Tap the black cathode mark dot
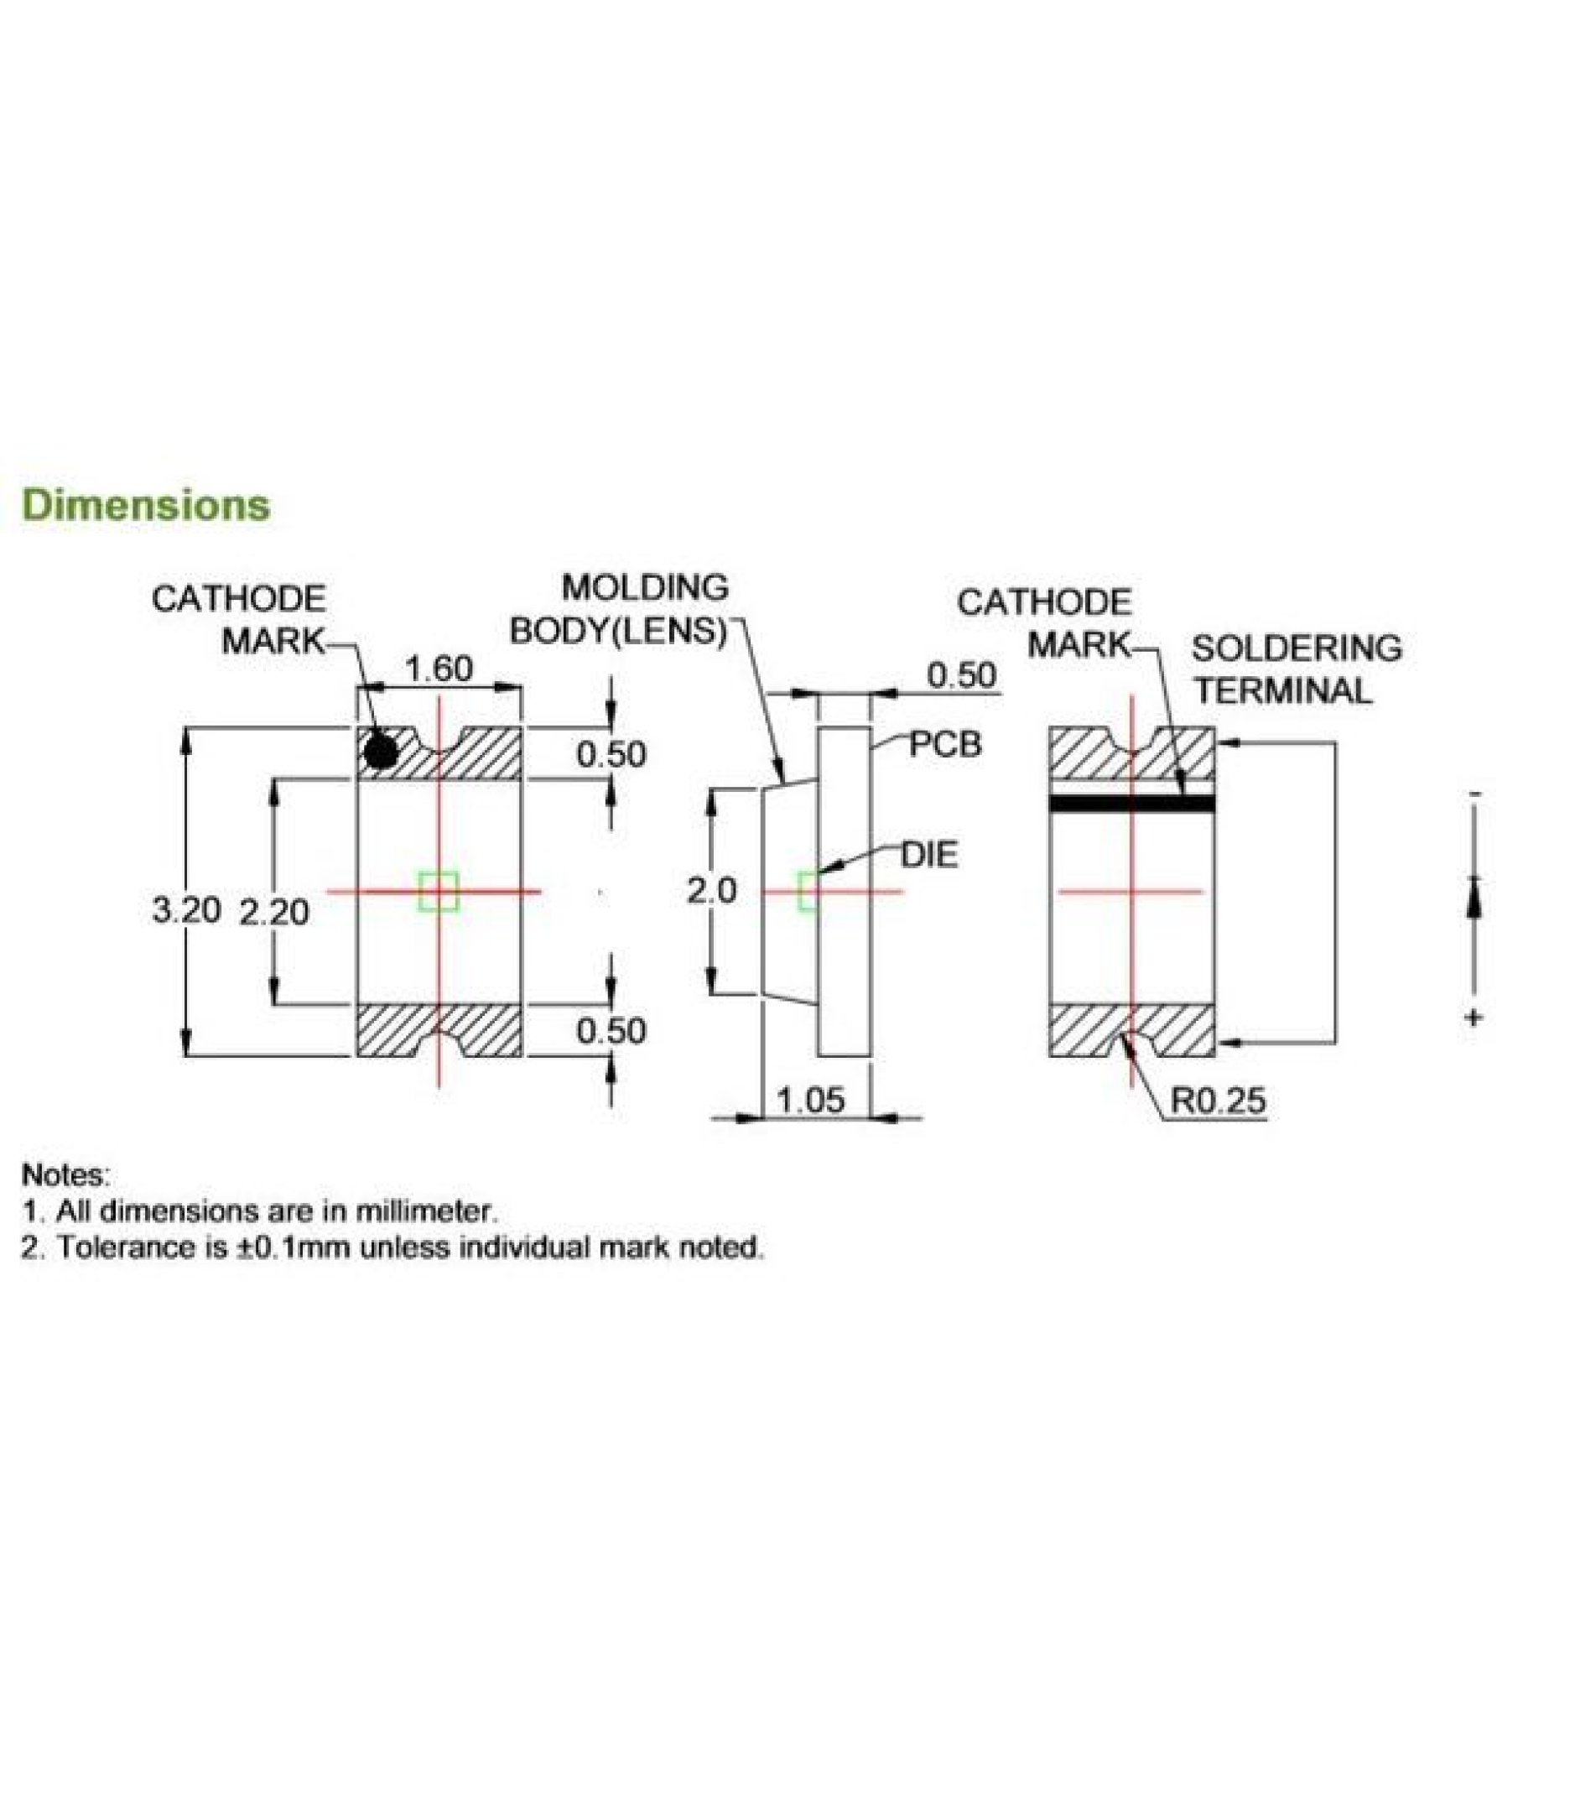[x=381, y=752]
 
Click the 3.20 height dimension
[x=185, y=911]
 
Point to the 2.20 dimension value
[x=274, y=913]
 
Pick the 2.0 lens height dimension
[x=712, y=892]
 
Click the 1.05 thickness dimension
[x=811, y=1099]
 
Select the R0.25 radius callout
[x=1219, y=1100]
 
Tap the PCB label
[x=945, y=745]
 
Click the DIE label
[x=931, y=855]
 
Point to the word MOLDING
[x=645, y=587]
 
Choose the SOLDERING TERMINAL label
[x=1297, y=670]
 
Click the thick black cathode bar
[x=1132, y=803]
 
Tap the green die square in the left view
[x=439, y=891]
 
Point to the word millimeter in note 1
[x=426, y=1212]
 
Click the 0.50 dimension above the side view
[x=963, y=675]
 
